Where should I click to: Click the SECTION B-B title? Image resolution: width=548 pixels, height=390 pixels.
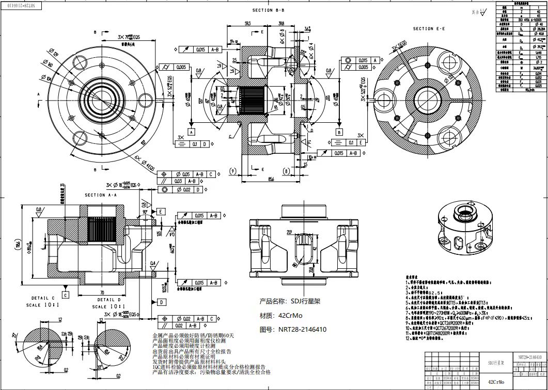(268, 10)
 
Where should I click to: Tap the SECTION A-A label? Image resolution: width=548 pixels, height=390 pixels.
(101, 195)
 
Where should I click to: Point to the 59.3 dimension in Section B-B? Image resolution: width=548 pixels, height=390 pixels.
(248, 24)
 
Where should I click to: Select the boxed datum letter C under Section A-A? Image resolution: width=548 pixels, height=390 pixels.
(65, 295)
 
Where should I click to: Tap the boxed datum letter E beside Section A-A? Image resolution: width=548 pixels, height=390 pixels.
(161, 212)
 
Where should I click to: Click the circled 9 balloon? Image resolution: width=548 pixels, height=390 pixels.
(233, 170)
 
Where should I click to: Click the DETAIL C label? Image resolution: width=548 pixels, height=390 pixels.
(43, 299)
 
